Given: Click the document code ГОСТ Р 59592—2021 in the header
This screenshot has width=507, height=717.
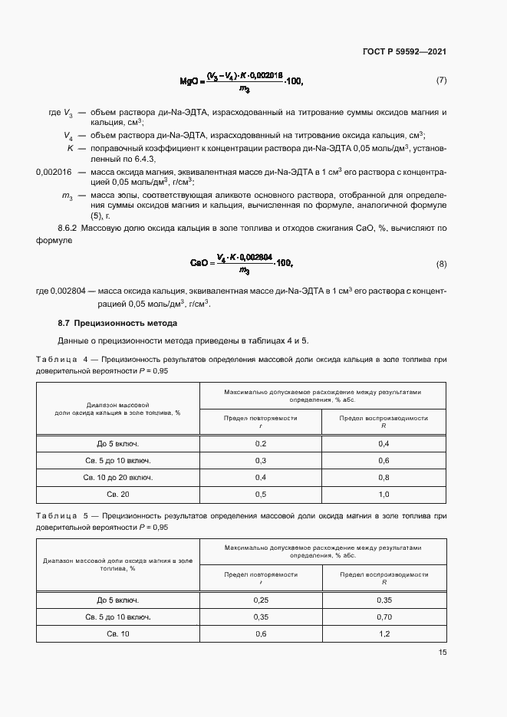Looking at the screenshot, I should [404, 52].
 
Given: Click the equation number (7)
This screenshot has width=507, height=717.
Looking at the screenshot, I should [441, 80].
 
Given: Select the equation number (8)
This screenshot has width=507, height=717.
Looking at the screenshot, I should [441, 264].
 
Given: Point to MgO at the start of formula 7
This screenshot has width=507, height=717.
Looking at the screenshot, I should [189, 81].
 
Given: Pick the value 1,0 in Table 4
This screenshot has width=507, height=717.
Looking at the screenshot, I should [384, 494].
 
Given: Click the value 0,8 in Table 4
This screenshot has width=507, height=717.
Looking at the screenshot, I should [384, 477].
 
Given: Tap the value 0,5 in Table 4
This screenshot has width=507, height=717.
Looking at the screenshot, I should [260, 494].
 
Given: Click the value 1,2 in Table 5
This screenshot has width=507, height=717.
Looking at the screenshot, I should [384, 634].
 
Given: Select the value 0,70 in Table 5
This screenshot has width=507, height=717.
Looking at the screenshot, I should [384, 617].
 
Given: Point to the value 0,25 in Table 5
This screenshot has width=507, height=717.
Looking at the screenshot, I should [260, 600].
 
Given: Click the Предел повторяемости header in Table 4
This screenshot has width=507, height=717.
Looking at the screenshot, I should [260, 418].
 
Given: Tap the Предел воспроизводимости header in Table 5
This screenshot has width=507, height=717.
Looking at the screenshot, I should [384, 574].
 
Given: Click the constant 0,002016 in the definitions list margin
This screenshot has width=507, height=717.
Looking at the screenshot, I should [54, 173].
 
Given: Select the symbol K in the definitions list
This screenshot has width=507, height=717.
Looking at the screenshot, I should [69, 147].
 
